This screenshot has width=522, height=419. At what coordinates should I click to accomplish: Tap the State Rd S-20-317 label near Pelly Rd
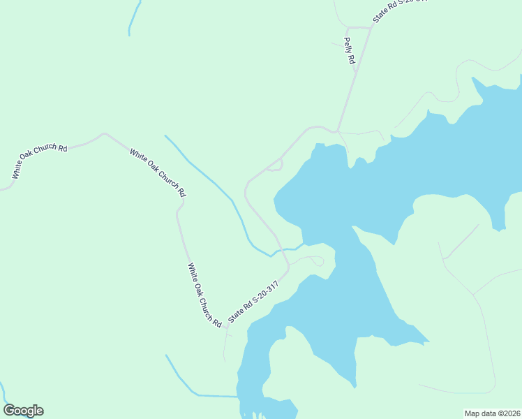click(x=398, y=10)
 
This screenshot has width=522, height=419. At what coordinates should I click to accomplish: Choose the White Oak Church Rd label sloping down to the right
click(x=158, y=171)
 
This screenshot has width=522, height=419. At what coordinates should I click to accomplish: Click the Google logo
click(x=23, y=411)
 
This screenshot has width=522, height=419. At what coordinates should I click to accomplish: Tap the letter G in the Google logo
click(x=9, y=411)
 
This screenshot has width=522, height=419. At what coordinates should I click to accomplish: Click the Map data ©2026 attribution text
click(x=492, y=413)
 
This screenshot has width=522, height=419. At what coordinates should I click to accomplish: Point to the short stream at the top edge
click(x=133, y=17)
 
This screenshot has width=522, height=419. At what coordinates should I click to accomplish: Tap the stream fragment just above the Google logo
click(x=4, y=391)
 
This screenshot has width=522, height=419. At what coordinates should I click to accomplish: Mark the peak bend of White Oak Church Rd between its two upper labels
click(x=104, y=134)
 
